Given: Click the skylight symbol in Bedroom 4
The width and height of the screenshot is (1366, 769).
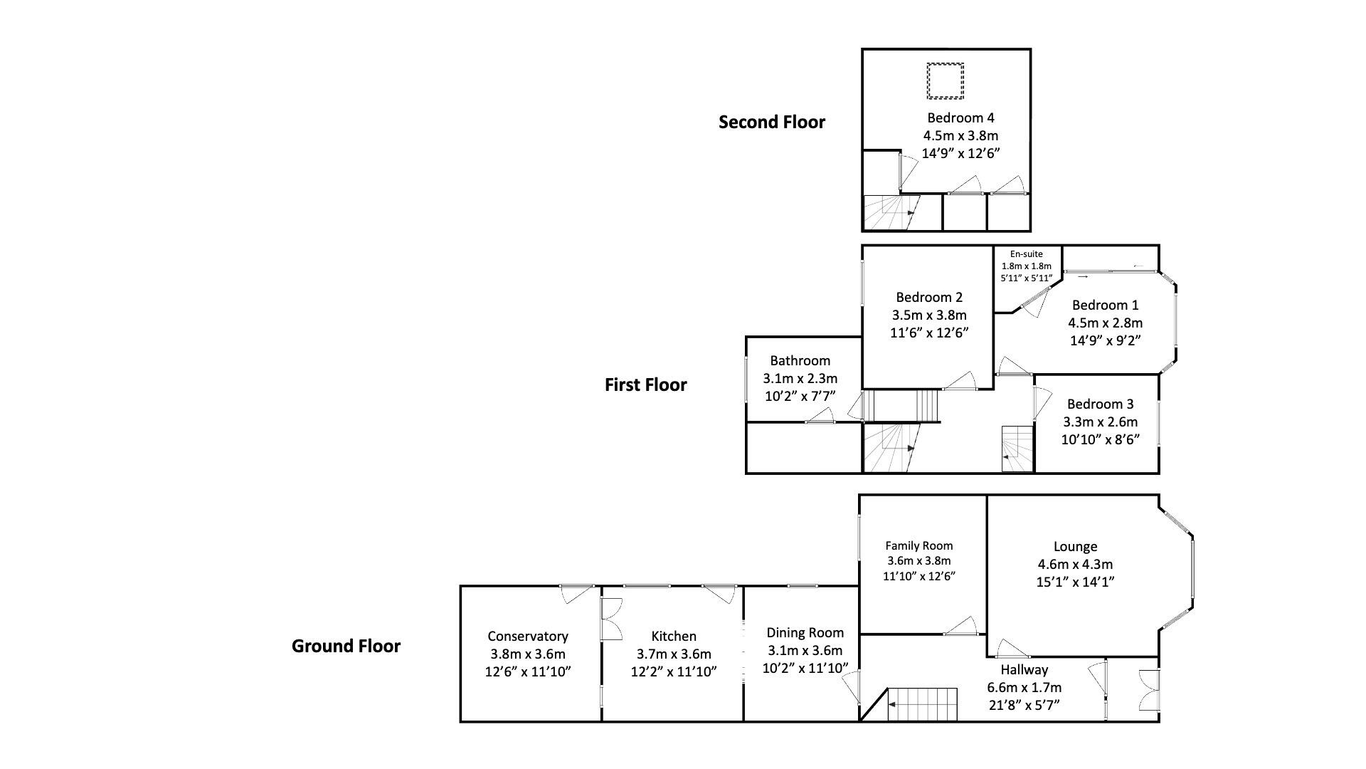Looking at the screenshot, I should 945,81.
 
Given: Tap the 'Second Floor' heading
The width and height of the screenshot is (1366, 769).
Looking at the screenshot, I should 772,122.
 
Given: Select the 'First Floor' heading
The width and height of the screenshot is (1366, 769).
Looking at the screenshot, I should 645,384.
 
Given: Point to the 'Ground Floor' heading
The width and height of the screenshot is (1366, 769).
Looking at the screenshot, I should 346,646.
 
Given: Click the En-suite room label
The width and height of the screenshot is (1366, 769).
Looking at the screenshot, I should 1026,254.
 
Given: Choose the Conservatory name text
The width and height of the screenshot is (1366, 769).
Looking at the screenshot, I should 527,636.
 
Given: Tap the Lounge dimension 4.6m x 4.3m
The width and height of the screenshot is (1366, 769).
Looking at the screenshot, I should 1075,564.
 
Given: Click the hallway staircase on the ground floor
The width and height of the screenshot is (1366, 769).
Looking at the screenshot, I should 922,704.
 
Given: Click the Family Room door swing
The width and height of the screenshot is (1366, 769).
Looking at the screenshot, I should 961,627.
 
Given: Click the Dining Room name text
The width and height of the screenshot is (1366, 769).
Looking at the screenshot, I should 805,632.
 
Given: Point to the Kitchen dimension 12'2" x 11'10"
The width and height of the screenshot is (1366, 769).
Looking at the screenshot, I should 673,671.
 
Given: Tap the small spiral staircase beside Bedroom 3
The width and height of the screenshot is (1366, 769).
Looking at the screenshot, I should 1017,449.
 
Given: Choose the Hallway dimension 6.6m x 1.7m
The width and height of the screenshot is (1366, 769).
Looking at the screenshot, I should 1024,687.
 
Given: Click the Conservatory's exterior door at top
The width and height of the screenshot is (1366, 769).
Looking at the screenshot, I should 576,592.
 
